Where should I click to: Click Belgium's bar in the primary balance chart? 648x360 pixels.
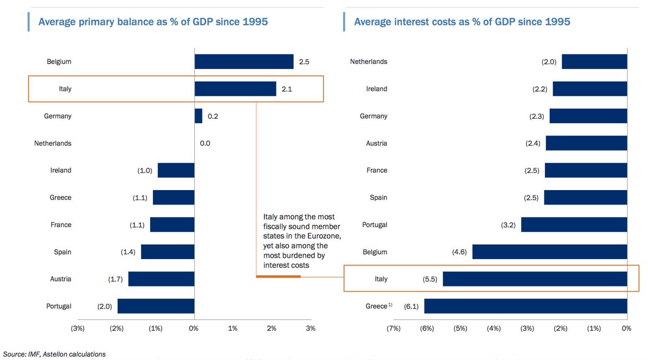coord(244,62)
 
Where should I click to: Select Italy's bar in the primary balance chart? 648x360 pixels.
coord(235,89)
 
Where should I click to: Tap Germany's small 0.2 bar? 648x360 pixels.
coord(198,116)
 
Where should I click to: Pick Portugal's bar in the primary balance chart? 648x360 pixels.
coord(156,306)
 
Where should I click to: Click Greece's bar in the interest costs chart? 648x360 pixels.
coord(525,306)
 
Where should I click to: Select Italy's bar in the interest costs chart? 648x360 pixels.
coord(535,279)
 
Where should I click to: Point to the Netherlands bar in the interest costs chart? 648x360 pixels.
coord(595,62)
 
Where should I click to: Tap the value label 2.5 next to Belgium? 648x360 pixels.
coord(303,62)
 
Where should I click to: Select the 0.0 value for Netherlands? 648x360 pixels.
coord(205,144)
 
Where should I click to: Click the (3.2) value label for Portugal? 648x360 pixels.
coord(509,225)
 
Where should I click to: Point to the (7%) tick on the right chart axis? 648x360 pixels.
coord(393,328)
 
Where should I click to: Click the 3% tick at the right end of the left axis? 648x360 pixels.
coord(310,328)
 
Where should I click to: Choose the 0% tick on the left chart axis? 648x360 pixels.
coord(193,328)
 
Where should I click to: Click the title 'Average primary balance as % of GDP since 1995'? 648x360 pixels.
coord(153,22)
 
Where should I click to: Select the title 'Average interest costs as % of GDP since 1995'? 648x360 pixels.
coord(462,22)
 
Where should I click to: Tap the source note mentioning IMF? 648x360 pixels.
coord(53,354)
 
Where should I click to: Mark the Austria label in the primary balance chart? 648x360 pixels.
coord(60,279)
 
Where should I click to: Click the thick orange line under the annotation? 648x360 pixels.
coord(278,277)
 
